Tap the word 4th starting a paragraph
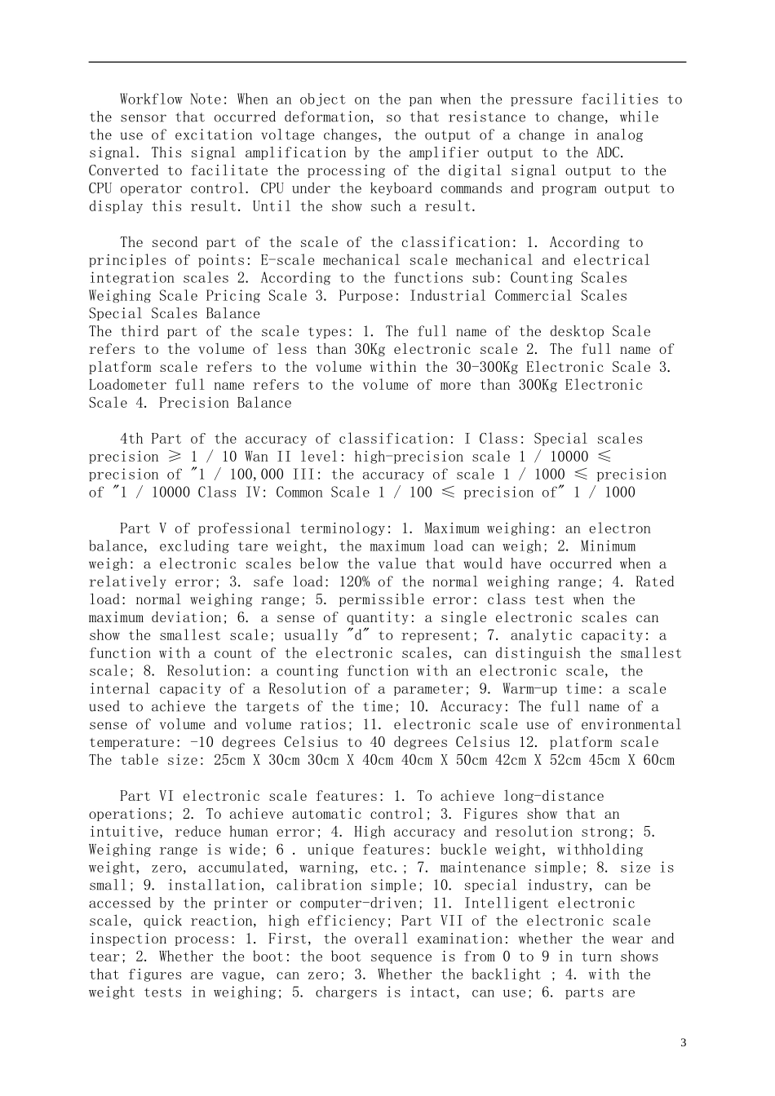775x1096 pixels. coord(131,440)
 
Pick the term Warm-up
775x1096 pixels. coord(529,690)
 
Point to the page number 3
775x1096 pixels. coord(683,1043)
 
